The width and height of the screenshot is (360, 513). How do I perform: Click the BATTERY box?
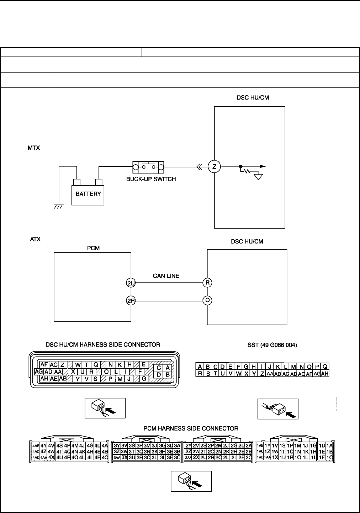tap(88, 194)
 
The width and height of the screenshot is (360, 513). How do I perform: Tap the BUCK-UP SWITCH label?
tap(151, 179)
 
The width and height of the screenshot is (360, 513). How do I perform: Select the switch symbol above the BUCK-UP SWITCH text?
tap(148, 166)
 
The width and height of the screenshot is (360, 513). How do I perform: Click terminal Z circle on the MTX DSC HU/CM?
tap(214, 166)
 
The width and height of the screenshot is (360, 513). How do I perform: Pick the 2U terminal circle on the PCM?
tap(131, 283)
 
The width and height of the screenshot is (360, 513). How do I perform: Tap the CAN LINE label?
tap(166, 276)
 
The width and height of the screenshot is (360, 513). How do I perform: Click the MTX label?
tap(34, 148)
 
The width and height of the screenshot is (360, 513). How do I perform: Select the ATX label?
tap(35, 239)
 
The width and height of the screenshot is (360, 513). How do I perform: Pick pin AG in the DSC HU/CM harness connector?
tap(39, 372)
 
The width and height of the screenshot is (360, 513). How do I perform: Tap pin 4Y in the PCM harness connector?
tap(43, 445)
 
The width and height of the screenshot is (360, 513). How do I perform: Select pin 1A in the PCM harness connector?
tap(330, 445)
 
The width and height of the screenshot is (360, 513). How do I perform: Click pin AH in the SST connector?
tap(324, 374)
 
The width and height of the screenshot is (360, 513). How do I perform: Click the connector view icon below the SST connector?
tap(278, 409)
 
